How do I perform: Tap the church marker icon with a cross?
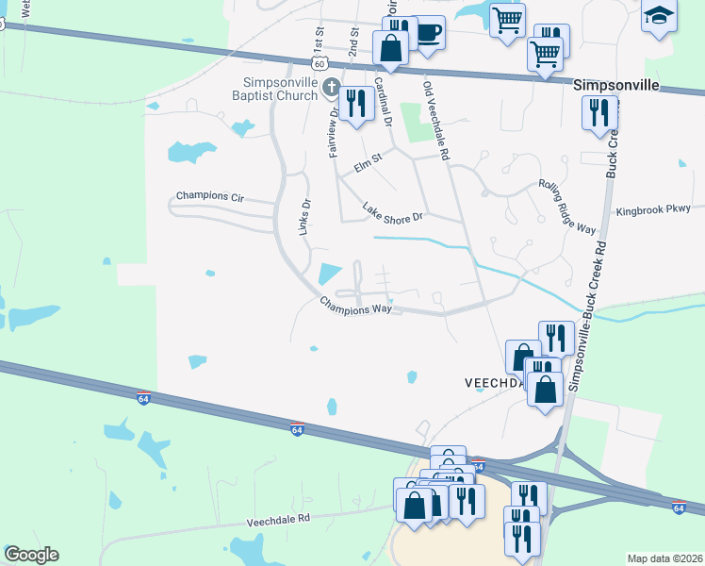tap(331, 89)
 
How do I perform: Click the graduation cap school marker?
tap(659, 16)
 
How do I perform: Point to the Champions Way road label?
tap(355, 308)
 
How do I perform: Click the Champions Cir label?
tap(210, 198)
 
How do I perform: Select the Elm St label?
tap(369, 163)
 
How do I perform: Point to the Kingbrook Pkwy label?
tap(652, 209)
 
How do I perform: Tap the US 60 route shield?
tap(320, 63)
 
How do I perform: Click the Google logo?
tap(31, 555)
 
